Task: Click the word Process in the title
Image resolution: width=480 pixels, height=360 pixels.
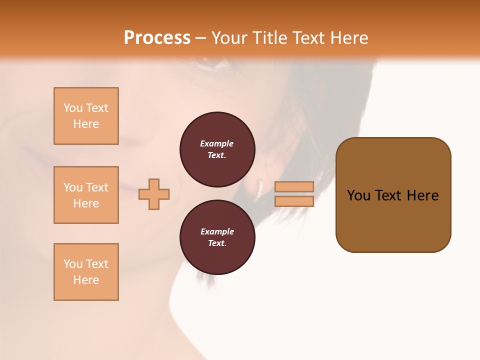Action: point(157,38)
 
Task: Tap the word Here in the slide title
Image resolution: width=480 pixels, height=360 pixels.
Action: point(347,38)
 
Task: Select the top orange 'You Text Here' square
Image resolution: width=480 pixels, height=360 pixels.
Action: point(86,116)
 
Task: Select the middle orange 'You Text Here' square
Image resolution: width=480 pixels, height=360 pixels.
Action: point(86,195)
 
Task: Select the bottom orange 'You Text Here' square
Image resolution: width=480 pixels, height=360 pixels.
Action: point(86,272)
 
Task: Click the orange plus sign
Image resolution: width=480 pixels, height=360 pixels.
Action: point(154,194)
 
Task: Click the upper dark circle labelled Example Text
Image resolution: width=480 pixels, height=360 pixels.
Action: point(217,149)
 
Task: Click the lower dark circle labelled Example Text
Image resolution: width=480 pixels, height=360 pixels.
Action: point(217,237)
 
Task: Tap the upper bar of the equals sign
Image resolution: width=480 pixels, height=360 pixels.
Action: point(294,186)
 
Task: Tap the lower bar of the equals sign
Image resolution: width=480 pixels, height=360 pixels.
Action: point(294,201)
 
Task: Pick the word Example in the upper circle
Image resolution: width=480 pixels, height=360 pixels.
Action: point(217,143)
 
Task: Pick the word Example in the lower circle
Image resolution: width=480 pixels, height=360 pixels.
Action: point(217,231)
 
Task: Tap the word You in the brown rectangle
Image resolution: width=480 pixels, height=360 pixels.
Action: point(358,195)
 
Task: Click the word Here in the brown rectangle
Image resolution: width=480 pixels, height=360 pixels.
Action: point(423,195)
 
